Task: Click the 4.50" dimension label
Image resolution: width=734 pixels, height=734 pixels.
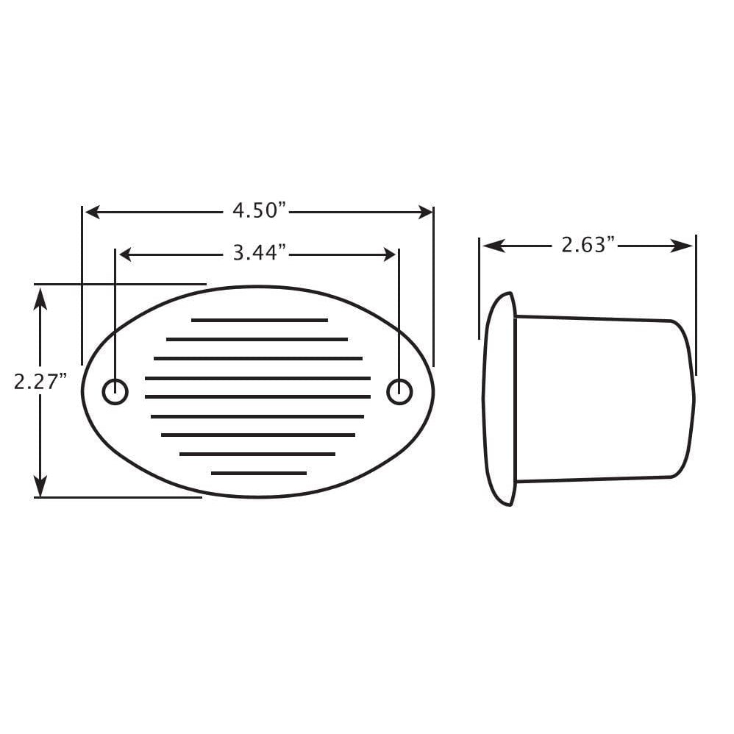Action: pyautogui.click(x=259, y=211)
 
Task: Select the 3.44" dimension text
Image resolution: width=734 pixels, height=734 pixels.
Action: pyautogui.click(x=259, y=254)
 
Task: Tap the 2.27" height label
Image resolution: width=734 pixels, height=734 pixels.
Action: pyautogui.click(x=40, y=382)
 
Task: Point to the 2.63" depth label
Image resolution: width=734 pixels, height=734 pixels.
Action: pyautogui.click(x=588, y=245)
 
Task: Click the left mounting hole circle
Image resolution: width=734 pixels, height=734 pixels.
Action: pyautogui.click(x=115, y=392)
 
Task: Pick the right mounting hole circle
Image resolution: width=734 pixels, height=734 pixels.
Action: pyautogui.click(x=399, y=391)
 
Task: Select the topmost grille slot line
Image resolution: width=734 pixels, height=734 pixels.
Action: pyautogui.click(x=259, y=321)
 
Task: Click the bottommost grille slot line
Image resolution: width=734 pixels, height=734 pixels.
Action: pyautogui.click(x=259, y=473)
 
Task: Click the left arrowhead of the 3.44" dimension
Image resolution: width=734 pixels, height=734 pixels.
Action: pyautogui.click(x=126, y=255)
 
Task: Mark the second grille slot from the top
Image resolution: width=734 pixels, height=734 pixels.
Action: pyautogui.click(x=257, y=340)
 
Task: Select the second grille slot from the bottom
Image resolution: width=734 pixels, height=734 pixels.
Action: pyautogui.click(x=257, y=454)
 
